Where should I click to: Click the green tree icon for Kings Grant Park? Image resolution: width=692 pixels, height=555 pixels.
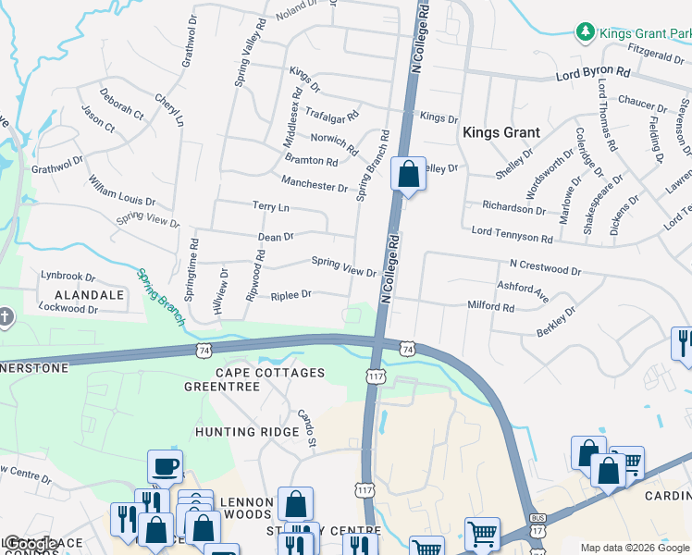point(585,33)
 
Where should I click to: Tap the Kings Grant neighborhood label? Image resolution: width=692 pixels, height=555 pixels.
point(500,132)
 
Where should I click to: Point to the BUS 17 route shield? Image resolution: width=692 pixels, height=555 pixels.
point(537,524)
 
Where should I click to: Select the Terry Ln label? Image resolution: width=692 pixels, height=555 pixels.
point(270,206)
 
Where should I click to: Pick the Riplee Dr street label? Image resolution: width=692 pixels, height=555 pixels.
point(290,295)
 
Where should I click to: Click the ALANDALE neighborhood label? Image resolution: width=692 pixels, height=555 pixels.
point(82,294)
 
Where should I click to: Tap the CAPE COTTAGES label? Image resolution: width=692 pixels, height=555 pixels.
point(270,373)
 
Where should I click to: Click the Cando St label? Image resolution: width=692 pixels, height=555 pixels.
point(306,423)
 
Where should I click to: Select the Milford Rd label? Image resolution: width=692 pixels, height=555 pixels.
point(490,306)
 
